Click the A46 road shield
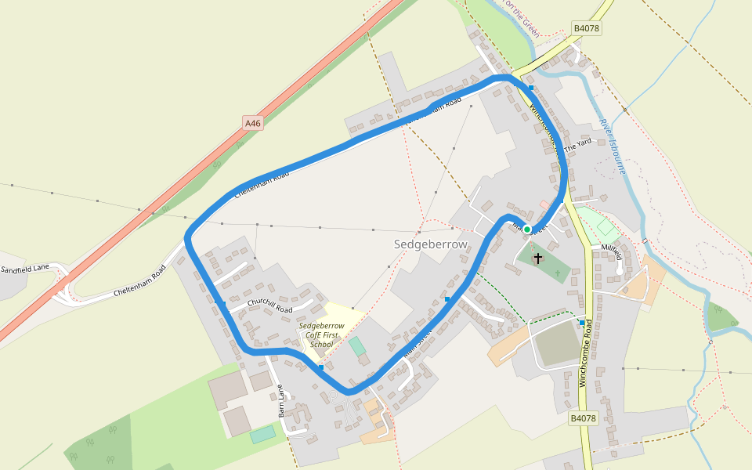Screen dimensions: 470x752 coord(252,123)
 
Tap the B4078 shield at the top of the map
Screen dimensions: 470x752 coord(586,28)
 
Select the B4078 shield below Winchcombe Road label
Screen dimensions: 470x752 coord(583,418)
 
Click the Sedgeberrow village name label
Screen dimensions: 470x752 coord(430,244)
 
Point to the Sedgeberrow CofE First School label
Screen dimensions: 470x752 coord(321,334)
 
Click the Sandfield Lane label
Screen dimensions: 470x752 coord(24,269)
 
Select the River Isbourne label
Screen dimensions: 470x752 coord(611,145)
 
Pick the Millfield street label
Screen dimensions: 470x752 coord(612,251)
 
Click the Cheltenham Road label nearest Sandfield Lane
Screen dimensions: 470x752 coord(140,283)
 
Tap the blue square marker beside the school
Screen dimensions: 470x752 coord(321,367)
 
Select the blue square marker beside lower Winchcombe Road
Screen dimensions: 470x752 coord(581,322)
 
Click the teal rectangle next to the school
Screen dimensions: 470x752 coord(356,345)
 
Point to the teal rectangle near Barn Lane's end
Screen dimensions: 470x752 coord(263,434)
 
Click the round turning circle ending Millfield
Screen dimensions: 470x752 coord(620,271)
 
